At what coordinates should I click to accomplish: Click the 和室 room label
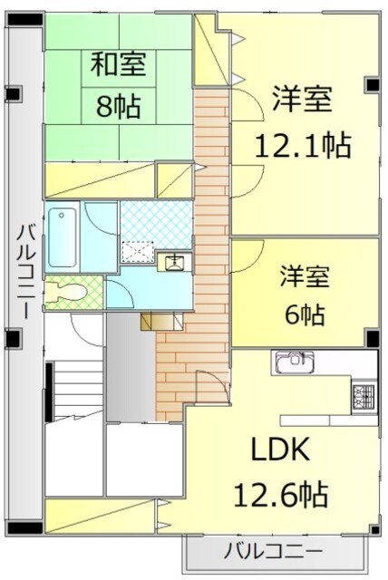click(118, 66)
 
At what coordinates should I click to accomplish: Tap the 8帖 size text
click(118, 107)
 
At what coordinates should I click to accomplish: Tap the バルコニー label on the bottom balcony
click(273, 549)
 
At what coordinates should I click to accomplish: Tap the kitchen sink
click(291, 363)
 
